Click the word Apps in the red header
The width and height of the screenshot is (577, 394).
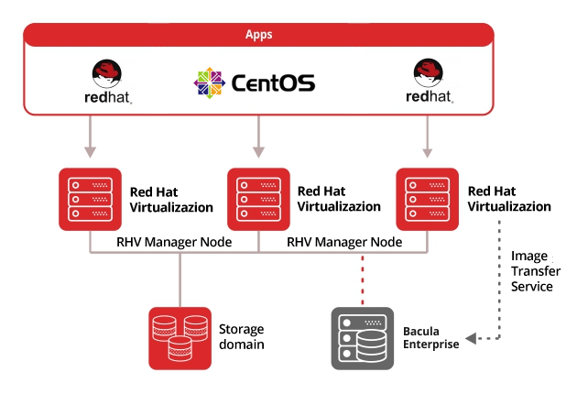pos(258,35)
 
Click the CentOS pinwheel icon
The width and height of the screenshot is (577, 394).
pos(209,82)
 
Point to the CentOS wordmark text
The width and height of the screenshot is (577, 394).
pos(273,83)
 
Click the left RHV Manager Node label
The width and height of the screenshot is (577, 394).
pos(174,242)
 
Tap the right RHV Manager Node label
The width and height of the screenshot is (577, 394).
pos(344,242)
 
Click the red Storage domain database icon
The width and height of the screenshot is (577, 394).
pos(180,338)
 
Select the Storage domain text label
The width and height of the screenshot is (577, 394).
pos(241,337)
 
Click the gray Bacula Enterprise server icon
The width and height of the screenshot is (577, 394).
pos(362,338)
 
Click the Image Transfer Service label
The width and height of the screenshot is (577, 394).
pos(531,271)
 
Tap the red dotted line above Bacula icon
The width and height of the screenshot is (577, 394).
pos(363,279)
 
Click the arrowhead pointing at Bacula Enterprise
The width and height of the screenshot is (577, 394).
pos(469,339)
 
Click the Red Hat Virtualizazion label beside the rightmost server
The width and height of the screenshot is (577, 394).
pos(509,199)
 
